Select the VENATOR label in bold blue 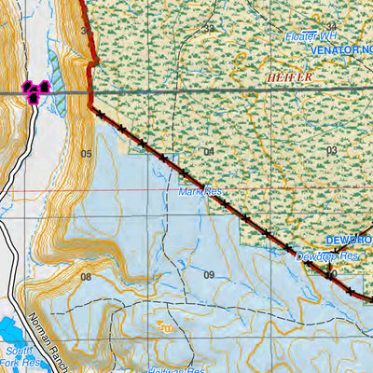(340, 49)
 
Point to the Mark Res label (200, 192)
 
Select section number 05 (86, 153)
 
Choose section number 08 (86, 277)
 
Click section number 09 (209, 274)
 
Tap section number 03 (331, 149)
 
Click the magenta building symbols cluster (35, 90)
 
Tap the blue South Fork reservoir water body (11, 332)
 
